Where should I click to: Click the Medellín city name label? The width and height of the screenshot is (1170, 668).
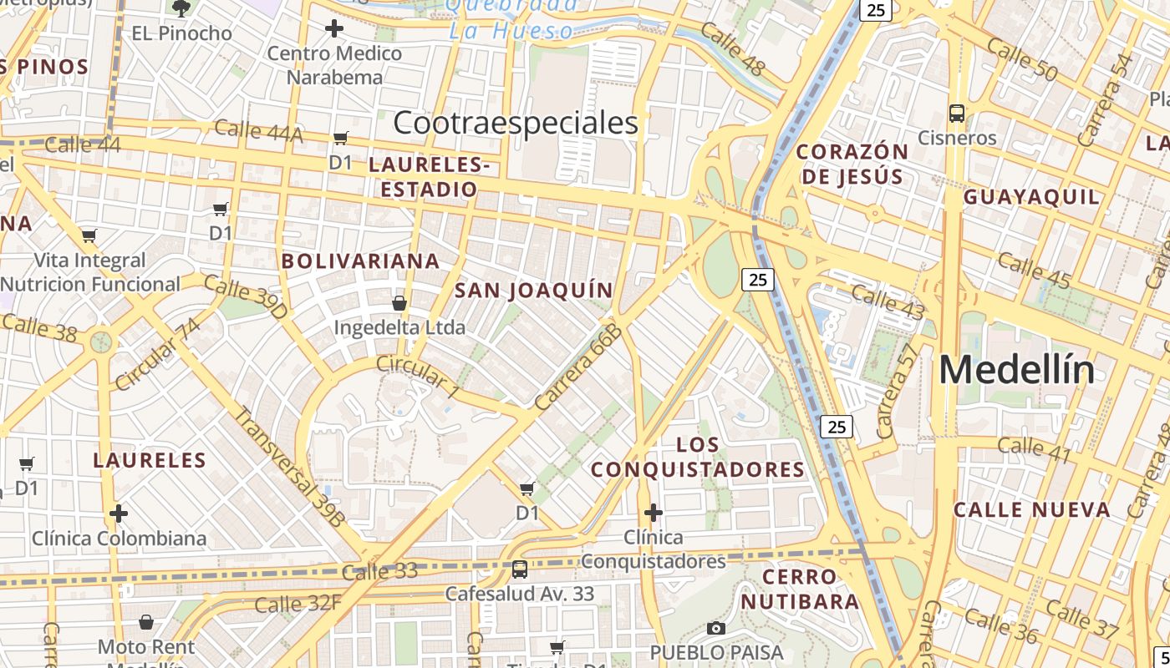(1016, 369)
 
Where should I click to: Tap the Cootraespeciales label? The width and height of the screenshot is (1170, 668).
(515, 123)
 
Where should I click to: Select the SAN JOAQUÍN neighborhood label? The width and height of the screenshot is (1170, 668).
(534, 291)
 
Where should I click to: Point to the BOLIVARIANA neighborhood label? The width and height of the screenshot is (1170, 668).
(360, 261)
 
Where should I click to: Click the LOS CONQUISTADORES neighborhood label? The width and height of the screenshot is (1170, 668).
(698, 457)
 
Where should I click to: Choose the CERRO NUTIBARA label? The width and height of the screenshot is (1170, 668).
(800, 589)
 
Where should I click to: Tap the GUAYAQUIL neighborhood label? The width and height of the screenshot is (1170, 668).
(1031, 197)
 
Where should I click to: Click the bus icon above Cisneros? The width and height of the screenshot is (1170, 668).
(957, 113)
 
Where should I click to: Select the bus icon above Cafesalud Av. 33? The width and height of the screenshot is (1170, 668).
(520, 569)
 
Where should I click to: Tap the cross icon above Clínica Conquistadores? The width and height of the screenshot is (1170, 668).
(654, 512)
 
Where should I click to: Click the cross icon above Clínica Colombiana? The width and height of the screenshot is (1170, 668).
(119, 513)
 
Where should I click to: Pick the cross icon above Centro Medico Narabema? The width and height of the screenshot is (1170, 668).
(333, 28)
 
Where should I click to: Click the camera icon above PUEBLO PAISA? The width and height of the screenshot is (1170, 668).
(716, 628)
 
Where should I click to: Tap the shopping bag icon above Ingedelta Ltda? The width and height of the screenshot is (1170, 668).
(399, 302)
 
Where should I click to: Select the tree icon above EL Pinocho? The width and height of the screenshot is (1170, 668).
(181, 8)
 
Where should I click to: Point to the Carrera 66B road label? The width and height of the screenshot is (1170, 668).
(579, 367)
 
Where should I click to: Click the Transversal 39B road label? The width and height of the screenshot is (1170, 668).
(290, 466)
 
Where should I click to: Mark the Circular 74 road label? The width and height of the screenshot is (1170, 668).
(158, 354)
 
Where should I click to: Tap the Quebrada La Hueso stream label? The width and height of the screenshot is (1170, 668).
(511, 18)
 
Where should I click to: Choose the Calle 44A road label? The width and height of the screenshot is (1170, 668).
(259, 130)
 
